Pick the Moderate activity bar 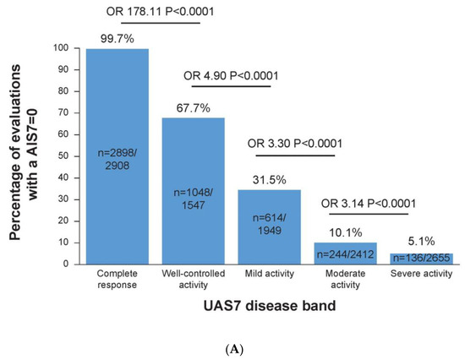point(349,252)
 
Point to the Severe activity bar point(423,258)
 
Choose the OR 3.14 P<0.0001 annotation point(380,202)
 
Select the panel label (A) point(232,346)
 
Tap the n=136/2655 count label point(423,258)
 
